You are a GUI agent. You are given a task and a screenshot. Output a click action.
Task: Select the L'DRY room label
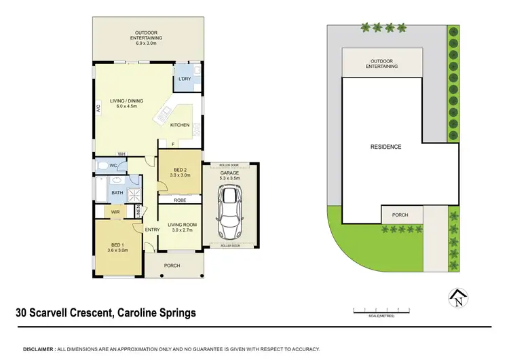pos(185,79)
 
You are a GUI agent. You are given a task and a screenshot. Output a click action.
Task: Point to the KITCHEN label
pos(180,125)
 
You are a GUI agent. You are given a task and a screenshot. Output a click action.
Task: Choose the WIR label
pos(116,213)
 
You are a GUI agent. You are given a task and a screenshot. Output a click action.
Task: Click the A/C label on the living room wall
pos(98,108)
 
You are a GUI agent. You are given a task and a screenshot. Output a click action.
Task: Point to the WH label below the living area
pos(121,154)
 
